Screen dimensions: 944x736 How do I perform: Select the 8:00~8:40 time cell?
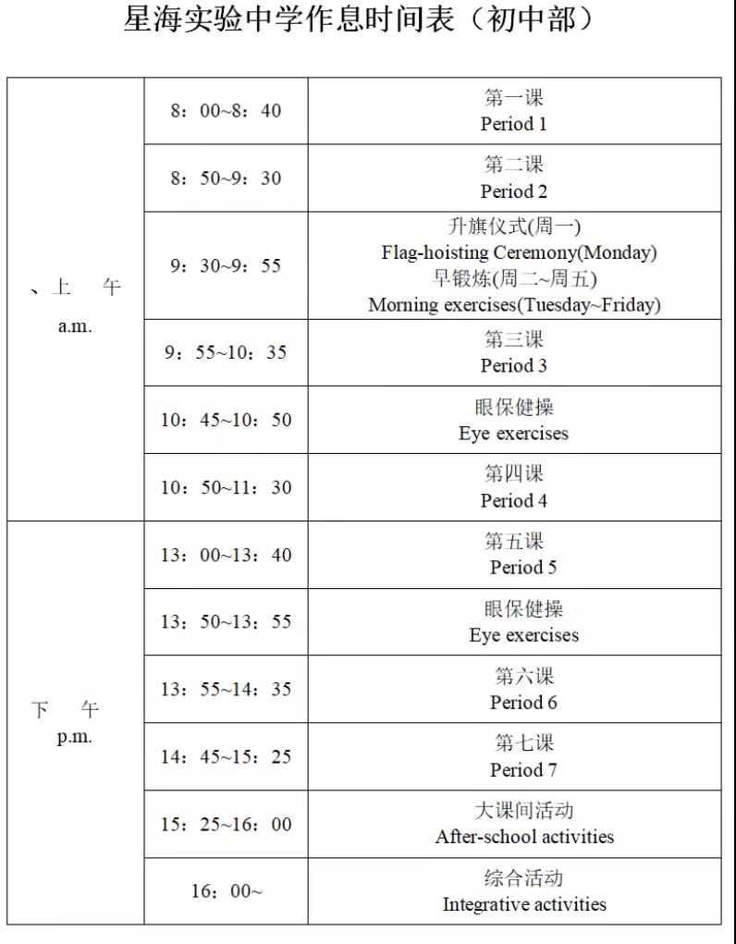[x=226, y=111]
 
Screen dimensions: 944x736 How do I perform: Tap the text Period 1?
[x=513, y=124]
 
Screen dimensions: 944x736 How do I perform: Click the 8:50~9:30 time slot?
[x=226, y=178]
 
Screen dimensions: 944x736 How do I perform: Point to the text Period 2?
[x=513, y=191]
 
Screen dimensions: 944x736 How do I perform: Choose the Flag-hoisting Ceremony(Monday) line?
[x=519, y=252]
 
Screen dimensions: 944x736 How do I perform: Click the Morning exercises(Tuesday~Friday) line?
[x=514, y=304]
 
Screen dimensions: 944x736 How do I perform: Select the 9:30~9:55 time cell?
[x=226, y=266]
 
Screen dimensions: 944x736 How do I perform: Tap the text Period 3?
[x=513, y=365]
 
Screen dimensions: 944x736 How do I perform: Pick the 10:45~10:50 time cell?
[x=226, y=420]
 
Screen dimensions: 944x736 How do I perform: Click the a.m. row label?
[x=75, y=327]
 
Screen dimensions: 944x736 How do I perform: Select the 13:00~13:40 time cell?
[x=226, y=555]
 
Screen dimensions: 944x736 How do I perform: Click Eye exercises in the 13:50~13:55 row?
[x=523, y=635]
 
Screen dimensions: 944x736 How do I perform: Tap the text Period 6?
[x=523, y=703]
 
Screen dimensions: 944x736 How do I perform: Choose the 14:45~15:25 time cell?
[x=226, y=757]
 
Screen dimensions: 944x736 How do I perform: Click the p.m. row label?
[x=75, y=738]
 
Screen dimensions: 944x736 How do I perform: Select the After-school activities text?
[x=524, y=837]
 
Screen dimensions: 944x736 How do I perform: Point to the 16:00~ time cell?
[x=227, y=891]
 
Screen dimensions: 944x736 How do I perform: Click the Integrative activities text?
[x=524, y=904]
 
